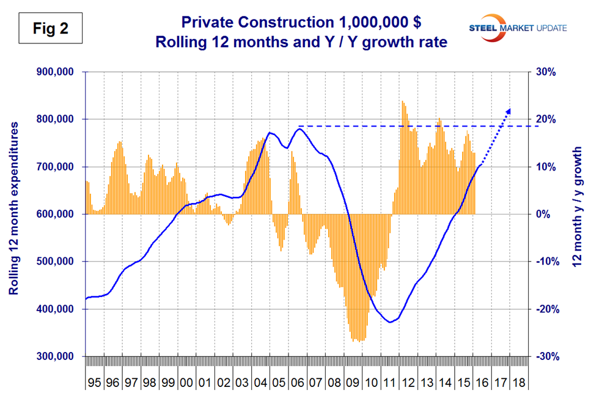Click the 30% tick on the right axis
pos(546,72)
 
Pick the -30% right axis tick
pos(545,356)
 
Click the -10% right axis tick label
pos(545,262)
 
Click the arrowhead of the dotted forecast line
pos(508,111)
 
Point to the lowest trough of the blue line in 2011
pos(389,322)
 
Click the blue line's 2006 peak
pos(298,128)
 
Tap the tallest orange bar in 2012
pos(402,101)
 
